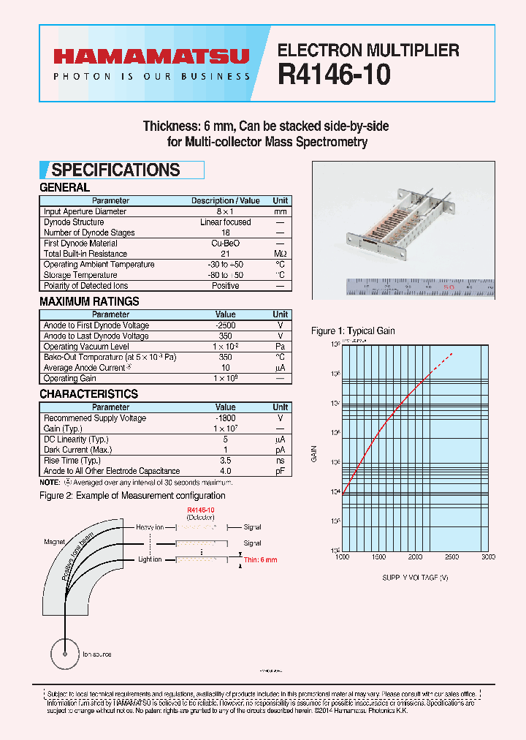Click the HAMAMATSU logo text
coord(150,56)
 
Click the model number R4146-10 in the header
coord(335,75)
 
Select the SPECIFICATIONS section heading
coord(115,170)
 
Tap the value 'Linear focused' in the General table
coord(225,222)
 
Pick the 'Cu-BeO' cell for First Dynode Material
coord(225,243)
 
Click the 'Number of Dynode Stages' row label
coord(89,233)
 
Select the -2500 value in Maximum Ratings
coord(225,325)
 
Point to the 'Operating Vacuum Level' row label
coord(86,347)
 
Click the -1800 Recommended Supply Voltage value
coord(225,418)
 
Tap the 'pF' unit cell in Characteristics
coord(280,472)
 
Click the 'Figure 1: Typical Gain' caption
coord(353,331)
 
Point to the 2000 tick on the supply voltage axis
coord(415,557)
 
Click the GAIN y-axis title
coord(315,453)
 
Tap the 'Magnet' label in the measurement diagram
coord(55,542)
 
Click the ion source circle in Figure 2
coord(66,654)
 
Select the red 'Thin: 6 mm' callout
coord(262,560)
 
